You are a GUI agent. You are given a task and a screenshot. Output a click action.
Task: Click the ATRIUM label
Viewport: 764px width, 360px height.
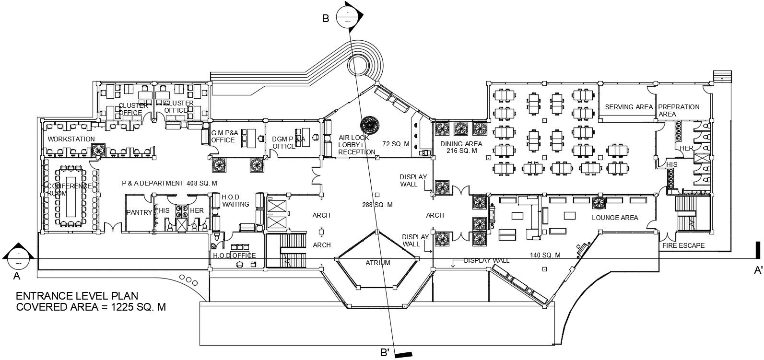(x=378, y=263)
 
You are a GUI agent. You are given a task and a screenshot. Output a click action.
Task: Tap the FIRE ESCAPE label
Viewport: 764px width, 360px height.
(x=683, y=245)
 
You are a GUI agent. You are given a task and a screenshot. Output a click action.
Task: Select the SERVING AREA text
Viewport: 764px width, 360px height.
(x=629, y=107)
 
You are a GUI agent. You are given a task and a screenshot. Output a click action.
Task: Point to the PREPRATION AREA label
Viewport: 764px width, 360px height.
(x=678, y=110)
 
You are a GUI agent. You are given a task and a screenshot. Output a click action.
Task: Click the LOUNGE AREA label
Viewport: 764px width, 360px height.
(x=615, y=218)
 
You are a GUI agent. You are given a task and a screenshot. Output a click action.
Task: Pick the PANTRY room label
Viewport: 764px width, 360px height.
(x=139, y=212)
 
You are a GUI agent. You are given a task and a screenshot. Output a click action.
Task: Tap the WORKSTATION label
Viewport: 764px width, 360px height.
(x=71, y=139)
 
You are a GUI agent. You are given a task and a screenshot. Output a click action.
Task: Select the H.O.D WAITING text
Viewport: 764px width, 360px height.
(x=235, y=200)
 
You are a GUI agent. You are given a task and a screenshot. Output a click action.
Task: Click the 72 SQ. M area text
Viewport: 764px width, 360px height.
(x=396, y=144)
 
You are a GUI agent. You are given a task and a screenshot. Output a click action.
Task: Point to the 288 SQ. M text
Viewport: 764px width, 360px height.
(x=377, y=205)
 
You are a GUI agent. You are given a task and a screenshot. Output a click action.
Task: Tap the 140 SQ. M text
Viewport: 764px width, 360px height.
(x=545, y=255)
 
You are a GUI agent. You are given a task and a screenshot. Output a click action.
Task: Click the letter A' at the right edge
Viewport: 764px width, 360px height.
(x=758, y=271)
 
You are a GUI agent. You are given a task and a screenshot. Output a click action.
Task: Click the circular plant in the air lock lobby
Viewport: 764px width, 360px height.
(x=370, y=125)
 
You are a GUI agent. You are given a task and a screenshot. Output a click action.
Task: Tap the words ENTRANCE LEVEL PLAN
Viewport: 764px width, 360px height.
(x=77, y=296)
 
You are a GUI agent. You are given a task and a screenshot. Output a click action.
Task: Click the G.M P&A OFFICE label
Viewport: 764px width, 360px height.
(x=223, y=136)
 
